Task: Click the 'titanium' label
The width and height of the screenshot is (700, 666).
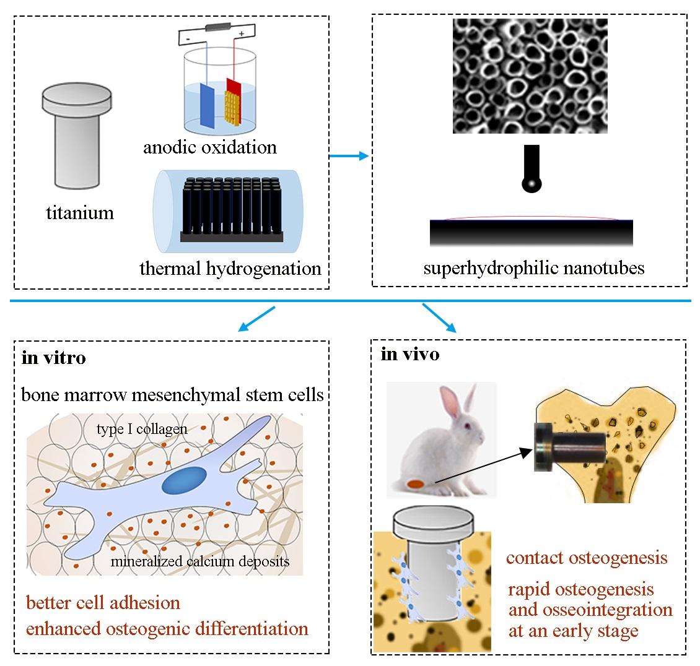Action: pyautogui.click(x=80, y=213)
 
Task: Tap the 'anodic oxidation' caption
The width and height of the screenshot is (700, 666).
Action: pyautogui.click(x=209, y=147)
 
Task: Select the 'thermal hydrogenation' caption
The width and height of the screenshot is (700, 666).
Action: pyautogui.click(x=230, y=269)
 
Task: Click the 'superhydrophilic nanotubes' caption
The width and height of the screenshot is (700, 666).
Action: pyautogui.click(x=533, y=268)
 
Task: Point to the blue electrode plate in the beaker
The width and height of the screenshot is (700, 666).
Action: pyautogui.click(x=207, y=106)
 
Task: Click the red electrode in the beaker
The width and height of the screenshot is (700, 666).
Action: pyautogui.click(x=233, y=93)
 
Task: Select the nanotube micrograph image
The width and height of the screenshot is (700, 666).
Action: pyautogui.click(x=530, y=76)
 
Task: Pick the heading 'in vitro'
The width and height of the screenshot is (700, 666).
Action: pyautogui.click(x=53, y=358)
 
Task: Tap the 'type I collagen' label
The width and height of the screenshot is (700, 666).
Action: pyautogui.click(x=142, y=430)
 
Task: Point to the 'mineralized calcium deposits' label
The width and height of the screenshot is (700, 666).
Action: pyautogui.click(x=199, y=561)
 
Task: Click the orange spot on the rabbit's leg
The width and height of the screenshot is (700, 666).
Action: pyautogui.click(x=414, y=483)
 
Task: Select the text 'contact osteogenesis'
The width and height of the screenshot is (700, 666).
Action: pyautogui.click(x=586, y=558)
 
